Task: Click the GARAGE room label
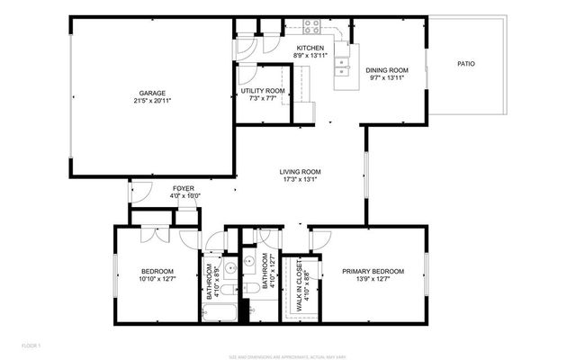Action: coord(150,92)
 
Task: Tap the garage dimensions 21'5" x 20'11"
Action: coord(150,100)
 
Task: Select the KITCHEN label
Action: coord(310,47)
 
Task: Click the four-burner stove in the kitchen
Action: coord(313,26)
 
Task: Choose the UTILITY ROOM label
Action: coord(263,91)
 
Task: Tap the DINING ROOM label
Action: coord(387,70)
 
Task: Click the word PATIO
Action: coord(465,64)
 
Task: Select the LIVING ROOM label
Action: coord(300,171)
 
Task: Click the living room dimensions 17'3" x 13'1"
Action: coord(300,179)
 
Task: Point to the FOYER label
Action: coord(184,188)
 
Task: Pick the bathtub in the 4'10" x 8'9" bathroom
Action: coord(219,314)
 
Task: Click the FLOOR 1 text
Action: coord(31,345)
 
